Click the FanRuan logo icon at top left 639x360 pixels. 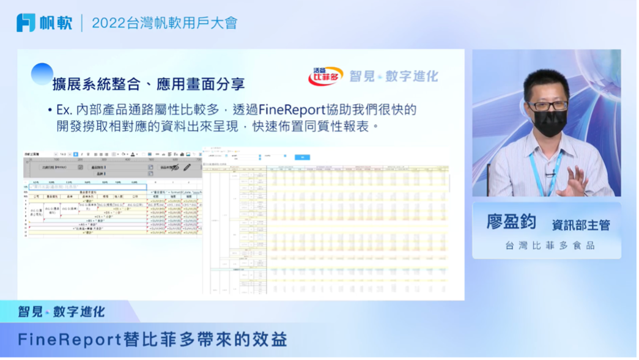point(26,23)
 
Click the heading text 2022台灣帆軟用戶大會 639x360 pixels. point(164,23)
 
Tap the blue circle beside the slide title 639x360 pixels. point(42,74)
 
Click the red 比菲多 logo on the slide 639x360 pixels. point(325,76)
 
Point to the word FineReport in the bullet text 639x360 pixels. point(295,110)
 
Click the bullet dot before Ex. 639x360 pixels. point(50,111)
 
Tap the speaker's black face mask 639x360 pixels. point(549,123)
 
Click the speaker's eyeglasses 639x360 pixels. point(548,106)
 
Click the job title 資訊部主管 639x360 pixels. point(580,225)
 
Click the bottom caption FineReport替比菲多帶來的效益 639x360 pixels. point(152,339)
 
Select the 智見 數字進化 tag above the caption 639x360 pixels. point(61,312)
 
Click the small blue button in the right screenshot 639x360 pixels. point(302,157)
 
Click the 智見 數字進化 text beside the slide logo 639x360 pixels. point(394,76)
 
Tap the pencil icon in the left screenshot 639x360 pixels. point(187,166)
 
